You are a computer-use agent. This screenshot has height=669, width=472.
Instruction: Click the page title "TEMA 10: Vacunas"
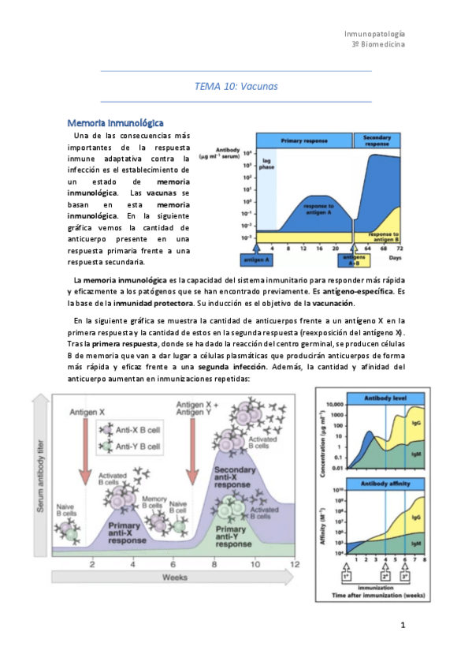(x=236, y=86)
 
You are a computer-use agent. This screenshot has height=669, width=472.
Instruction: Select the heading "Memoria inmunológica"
(x=115, y=123)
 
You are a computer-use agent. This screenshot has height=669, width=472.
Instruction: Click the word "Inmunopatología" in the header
(x=375, y=34)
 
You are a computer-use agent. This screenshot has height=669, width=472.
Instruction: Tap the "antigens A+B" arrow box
(x=352, y=261)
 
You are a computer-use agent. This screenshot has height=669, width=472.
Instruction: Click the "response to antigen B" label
(x=384, y=236)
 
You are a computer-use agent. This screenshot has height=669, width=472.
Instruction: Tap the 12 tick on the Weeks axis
(x=295, y=565)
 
